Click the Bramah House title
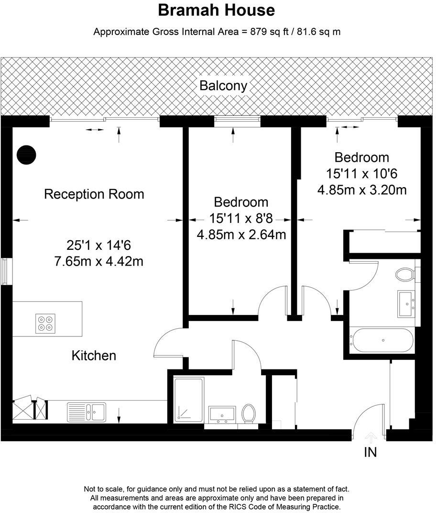[x=217, y=10]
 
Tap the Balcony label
[x=223, y=86]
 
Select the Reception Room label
[x=94, y=194]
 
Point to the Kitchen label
[x=94, y=356]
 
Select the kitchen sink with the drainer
[x=87, y=412]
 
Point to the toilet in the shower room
[x=248, y=413]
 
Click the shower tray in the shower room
[x=189, y=400]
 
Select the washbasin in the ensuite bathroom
[x=407, y=303]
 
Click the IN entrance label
[x=371, y=452]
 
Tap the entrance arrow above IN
[x=371, y=436]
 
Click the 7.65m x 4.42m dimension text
[x=99, y=262]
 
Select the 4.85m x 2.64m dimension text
[x=241, y=234]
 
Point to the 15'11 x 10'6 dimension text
[x=362, y=173]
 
